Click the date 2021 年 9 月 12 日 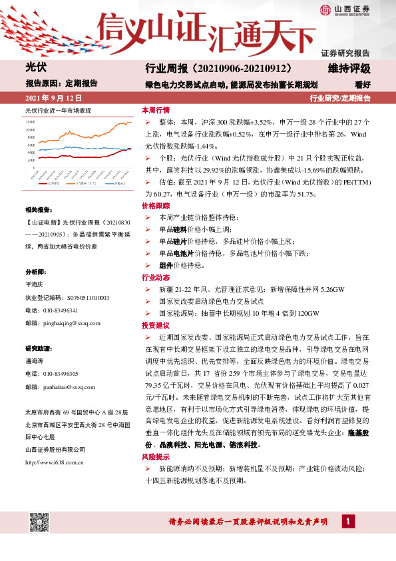point(52,98)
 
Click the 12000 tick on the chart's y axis point(47,123)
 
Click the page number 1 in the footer point(349,520)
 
